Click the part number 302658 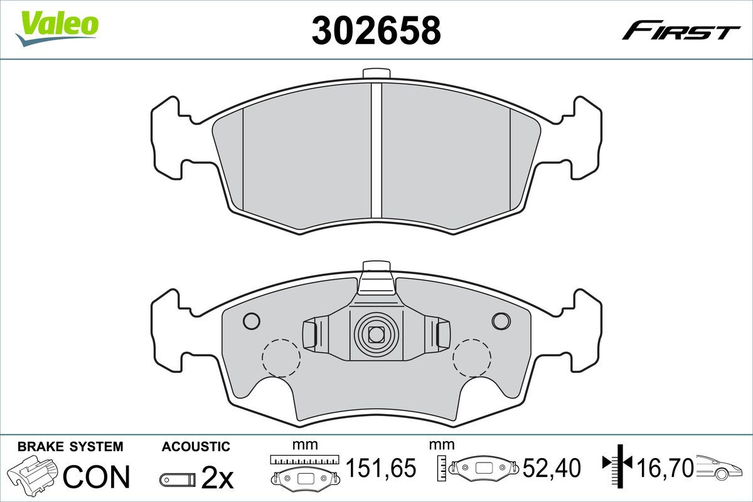pyautogui.click(x=376, y=30)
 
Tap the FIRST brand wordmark pyautogui.click(x=681, y=35)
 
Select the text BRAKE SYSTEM pyautogui.click(x=70, y=447)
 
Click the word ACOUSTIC pyautogui.click(x=196, y=447)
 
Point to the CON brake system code pyautogui.click(x=96, y=476)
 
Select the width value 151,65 pyautogui.click(x=381, y=467)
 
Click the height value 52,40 pyautogui.click(x=552, y=467)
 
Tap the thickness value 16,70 pyautogui.click(x=665, y=467)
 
